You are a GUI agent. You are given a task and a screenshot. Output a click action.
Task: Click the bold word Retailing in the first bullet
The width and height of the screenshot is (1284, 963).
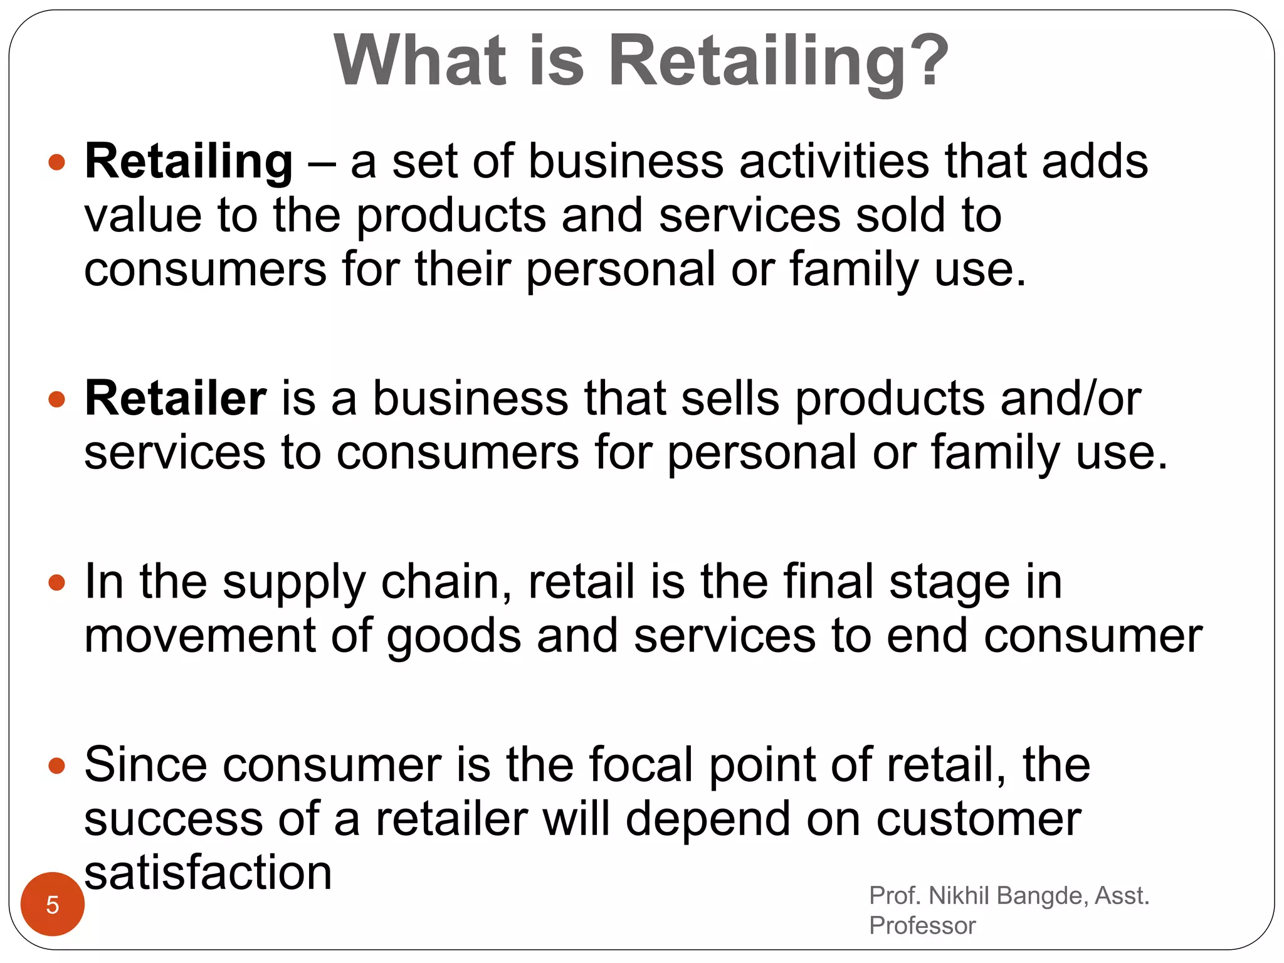pyautogui.click(x=189, y=162)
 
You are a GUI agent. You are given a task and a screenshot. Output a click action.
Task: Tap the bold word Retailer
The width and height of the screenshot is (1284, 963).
pyautogui.click(x=176, y=399)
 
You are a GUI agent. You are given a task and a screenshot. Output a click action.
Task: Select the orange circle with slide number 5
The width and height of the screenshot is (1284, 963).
pyautogui.click(x=53, y=904)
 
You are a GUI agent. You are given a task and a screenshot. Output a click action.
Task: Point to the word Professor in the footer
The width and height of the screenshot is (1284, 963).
pyautogui.click(x=922, y=925)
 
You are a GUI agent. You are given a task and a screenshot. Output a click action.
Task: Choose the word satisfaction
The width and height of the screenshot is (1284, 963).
pyautogui.click(x=208, y=873)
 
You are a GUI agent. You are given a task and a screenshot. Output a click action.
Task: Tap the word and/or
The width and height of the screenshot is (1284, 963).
pyautogui.click(x=1071, y=399)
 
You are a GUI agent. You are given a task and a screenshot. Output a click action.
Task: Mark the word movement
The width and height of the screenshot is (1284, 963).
pyautogui.click(x=199, y=636)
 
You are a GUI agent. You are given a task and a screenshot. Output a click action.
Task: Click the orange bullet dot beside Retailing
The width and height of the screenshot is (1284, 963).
pyautogui.click(x=57, y=163)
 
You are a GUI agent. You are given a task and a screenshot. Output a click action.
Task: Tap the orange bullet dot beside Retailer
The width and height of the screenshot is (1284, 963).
pyautogui.click(x=57, y=399)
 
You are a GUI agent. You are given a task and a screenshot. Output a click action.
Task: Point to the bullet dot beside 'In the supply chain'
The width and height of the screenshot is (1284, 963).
pyautogui.click(x=57, y=583)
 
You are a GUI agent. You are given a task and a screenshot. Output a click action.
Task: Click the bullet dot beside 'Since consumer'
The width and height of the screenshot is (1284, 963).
pyautogui.click(x=57, y=766)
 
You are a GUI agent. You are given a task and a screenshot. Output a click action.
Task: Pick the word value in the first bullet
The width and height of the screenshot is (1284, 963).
pyautogui.click(x=143, y=216)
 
